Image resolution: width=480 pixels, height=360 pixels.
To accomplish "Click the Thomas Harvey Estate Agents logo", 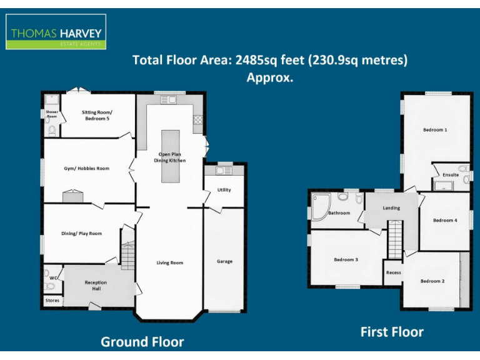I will point(56,32).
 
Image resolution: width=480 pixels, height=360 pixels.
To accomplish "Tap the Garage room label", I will point(224,261).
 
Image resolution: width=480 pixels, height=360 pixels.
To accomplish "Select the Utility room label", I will point(224,190).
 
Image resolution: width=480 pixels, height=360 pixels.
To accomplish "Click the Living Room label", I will point(169,262).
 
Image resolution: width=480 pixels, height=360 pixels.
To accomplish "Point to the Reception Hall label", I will point(96,286).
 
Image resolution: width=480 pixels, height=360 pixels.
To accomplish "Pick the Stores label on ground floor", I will point(52,301).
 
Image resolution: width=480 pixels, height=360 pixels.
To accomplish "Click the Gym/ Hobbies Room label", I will point(86,168).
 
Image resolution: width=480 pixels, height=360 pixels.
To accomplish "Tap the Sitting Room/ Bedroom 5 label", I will point(97,115).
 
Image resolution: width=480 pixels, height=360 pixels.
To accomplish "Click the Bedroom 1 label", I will point(435,130).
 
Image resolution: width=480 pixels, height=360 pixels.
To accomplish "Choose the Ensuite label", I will point(451,175).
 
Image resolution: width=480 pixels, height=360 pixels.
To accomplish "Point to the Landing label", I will point(391,208).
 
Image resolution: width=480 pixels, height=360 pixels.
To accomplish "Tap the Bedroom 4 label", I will point(445,220).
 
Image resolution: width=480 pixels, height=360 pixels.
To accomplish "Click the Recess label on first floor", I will point(393,272).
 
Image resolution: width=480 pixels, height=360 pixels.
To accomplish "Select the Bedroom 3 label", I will point(346,259).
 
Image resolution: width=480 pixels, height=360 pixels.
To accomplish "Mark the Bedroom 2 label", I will point(432,281).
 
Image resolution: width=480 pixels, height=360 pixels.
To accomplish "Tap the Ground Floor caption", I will point(142,341).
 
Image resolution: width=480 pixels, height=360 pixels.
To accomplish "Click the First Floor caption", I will point(392,332).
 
